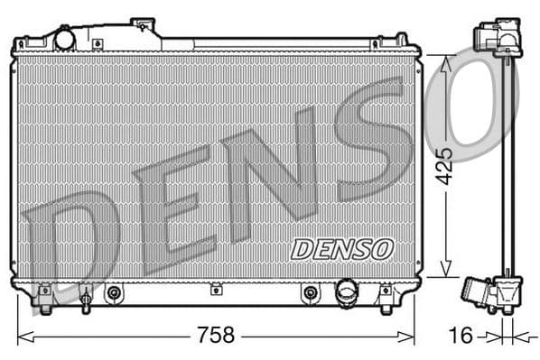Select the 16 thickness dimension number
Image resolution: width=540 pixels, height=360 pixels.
click(x=461, y=336)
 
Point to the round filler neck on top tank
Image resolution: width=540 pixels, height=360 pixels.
click(x=65, y=39)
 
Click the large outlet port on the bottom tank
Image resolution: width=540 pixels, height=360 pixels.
click(x=347, y=291)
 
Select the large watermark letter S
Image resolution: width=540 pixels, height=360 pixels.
click(x=370, y=144)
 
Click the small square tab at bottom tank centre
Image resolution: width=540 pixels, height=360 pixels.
click(x=216, y=290)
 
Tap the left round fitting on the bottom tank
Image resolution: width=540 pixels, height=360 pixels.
click(x=114, y=292)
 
